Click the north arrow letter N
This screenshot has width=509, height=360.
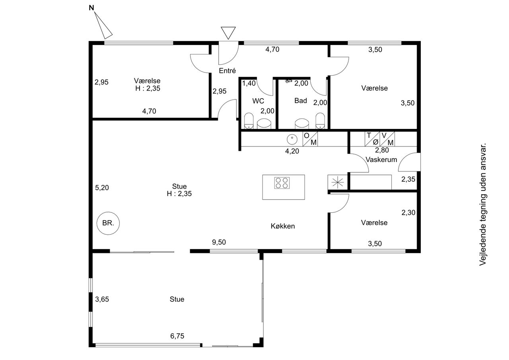pos(91,8)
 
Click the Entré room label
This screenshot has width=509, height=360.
pos(227,71)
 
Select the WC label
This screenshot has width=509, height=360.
pos(258,101)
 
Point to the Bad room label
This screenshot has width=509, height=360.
pos(301,101)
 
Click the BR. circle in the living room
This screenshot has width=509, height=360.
pos(108,223)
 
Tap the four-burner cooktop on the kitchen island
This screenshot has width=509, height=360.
pos(282,183)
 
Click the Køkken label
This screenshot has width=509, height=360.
pos(283,226)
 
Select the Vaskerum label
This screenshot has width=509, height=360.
pos(381,160)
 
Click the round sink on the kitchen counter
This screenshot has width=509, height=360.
pos(292,139)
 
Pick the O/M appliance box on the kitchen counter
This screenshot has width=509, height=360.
pos(310,139)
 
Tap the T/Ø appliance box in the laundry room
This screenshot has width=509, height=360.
pos(372,139)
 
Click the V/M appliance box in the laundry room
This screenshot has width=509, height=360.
pos(387,139)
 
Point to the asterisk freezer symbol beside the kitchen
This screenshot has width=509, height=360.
pos(338,182)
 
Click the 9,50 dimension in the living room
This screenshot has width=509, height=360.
pos(219,242)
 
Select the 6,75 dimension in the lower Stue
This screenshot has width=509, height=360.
pos(177,336)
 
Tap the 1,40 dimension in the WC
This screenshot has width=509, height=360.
pos(249,84)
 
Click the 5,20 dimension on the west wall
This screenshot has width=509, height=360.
pos(102,188)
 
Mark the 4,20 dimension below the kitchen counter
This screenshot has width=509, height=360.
pos(292,151)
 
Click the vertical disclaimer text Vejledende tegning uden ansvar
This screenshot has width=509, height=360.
pos(483,204)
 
